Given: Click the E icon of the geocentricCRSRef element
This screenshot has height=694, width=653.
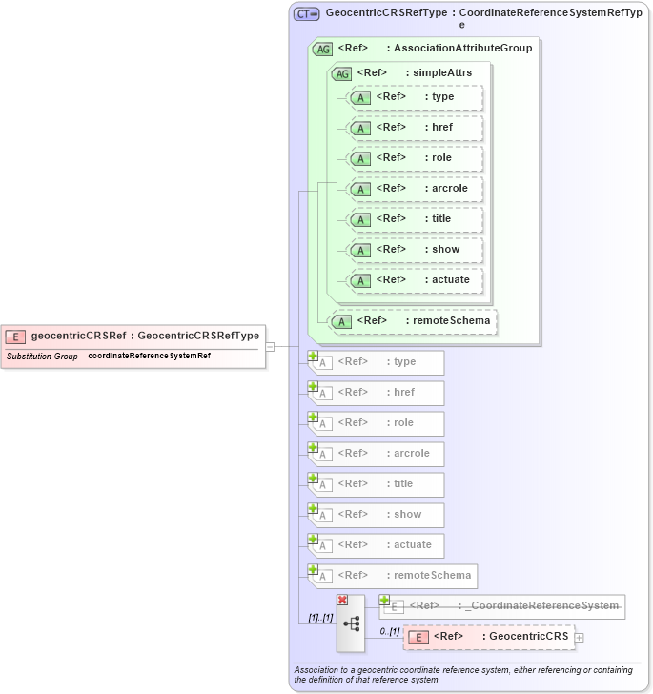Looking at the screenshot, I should coord(15,336).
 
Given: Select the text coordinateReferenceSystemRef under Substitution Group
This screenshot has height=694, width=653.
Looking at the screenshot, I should coord(149,356).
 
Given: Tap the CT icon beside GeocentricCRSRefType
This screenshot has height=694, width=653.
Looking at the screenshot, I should coord(306,14).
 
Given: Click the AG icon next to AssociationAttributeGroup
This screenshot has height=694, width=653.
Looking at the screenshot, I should coord(322,49).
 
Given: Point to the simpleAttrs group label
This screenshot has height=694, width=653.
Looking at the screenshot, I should coord(441,72).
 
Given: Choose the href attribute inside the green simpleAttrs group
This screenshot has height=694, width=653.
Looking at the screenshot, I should coord(415,127).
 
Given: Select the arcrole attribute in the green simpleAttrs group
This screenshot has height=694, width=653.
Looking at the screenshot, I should coord(415,188).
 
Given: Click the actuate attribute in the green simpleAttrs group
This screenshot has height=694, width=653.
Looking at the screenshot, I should coord(415,279).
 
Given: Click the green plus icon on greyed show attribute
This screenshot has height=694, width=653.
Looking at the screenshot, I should coord(313,508).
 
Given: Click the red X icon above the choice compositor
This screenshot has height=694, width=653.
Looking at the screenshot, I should coord(342,599).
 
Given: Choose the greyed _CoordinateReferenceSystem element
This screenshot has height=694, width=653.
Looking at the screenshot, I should coord(501,606).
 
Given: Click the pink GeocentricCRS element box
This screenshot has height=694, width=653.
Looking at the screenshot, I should coord(487,637).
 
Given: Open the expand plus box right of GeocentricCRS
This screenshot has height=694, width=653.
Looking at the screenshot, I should coord(579,637).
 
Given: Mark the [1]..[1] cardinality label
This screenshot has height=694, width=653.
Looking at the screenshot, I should coord(320,618).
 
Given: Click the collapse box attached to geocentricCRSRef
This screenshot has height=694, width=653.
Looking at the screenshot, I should coord(270,346).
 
